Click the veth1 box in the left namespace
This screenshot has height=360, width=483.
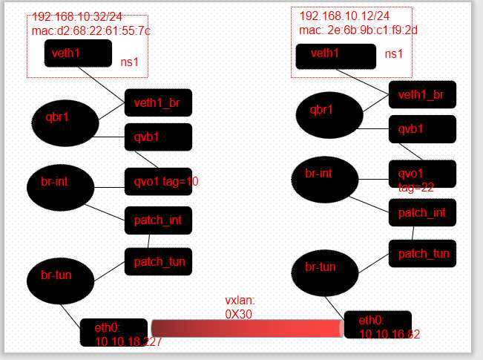click(78, 53)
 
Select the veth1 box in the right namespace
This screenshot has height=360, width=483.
click(336, 56)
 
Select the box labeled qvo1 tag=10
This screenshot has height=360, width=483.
click(158, 181)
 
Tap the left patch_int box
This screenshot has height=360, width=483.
click(158, 220)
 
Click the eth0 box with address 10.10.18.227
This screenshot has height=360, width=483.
click(114, 332)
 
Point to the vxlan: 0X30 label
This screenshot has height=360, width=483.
click(240, 307)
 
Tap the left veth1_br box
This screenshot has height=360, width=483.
click(158, 103)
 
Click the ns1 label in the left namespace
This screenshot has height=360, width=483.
click(129, 62)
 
